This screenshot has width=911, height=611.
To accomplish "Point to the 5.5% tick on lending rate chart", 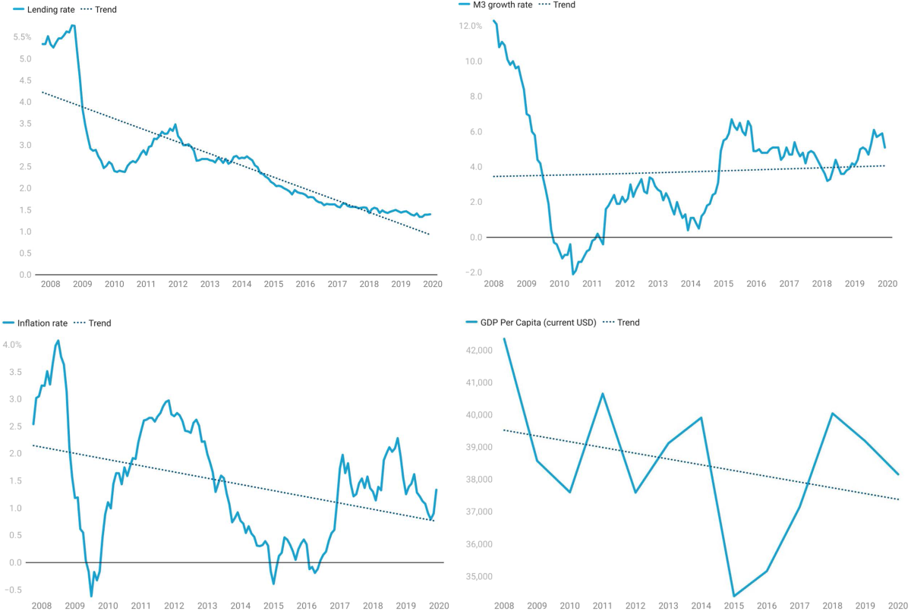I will tap(22, 37).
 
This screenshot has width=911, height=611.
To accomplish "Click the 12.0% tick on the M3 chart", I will tap(471, 26).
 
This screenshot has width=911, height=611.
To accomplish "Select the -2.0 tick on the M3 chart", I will tap(473, 272).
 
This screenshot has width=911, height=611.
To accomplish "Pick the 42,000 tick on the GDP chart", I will tap(477, 351).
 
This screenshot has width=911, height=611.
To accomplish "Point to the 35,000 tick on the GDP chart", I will tap(477, 577).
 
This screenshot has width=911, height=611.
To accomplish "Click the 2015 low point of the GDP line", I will tap(734, 597).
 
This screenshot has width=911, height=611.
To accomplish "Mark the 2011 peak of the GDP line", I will tap(602, 393).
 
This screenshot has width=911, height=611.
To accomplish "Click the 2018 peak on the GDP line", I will tap(833, 414).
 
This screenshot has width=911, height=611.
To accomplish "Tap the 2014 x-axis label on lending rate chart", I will tap(241, 284).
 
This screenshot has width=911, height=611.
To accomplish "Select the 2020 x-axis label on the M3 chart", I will tap(887, 283).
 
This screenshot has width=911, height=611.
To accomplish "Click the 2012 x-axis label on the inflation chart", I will tap(174, 606).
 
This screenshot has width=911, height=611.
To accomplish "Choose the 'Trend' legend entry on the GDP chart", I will tap(628, 323).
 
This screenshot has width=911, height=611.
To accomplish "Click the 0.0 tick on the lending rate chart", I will tap(25, 275).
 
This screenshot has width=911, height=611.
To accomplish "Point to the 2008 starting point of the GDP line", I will tap(504, 339).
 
